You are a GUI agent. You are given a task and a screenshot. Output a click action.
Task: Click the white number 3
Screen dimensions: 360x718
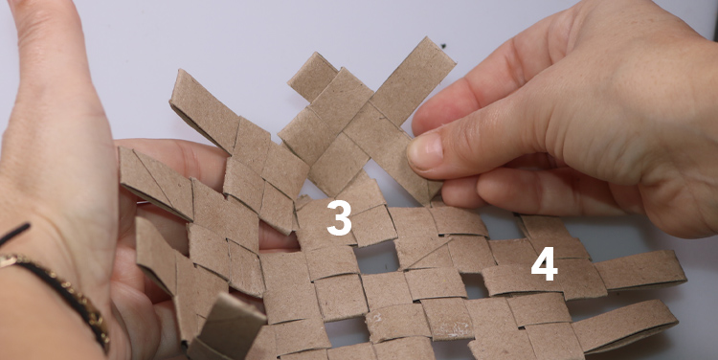click(340, 218)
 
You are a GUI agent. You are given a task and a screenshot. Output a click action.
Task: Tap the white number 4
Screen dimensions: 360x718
click(544, 264)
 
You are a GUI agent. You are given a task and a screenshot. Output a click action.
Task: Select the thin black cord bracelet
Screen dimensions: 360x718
click(13, 234)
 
